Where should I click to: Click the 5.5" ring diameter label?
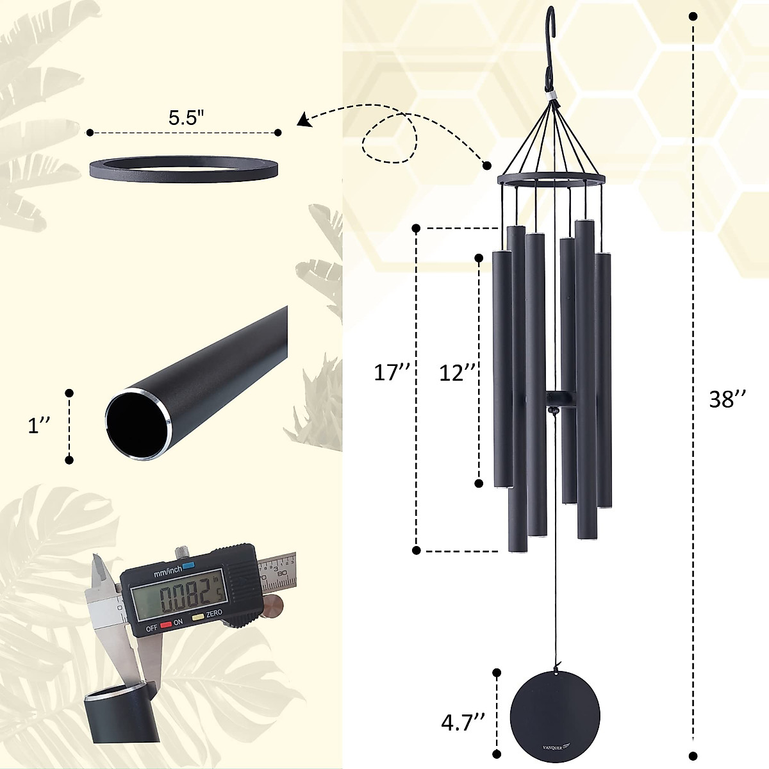click(186, 118)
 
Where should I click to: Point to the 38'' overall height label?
click(727, 399)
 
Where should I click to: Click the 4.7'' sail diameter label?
click(462, 724)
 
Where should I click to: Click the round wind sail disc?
click(555, 717)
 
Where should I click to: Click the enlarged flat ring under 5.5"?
click(183, 168)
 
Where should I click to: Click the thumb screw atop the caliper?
click(184, 550)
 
